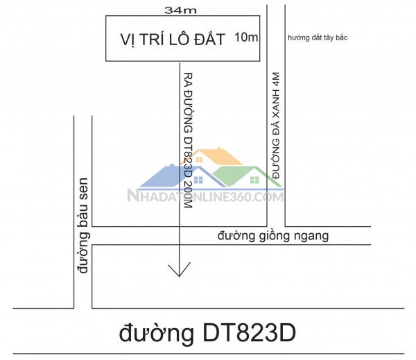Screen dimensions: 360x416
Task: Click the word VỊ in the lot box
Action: [x=130, y=39]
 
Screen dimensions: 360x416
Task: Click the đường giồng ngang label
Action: [x=272, y=237]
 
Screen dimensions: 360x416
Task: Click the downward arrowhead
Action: [x=179, y=270]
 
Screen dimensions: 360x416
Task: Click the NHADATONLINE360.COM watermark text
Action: [x=205, y=196]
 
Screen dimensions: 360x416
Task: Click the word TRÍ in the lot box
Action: [x=153, y=39]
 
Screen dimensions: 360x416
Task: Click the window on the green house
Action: [x=254, y=181]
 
